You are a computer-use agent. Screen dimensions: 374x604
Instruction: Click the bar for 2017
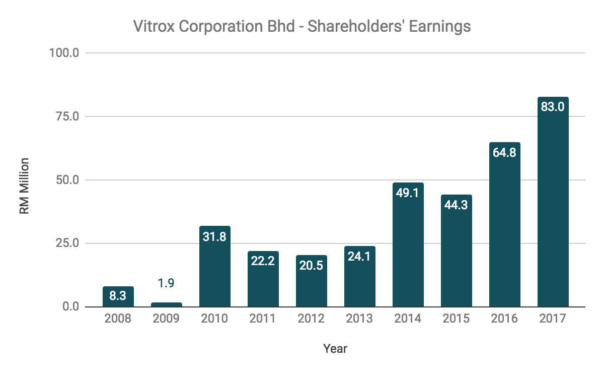click(x=553, y=202)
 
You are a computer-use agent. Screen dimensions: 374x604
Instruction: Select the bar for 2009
click(x=166, y=304)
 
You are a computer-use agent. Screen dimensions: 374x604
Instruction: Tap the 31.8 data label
click(x=214, y=236)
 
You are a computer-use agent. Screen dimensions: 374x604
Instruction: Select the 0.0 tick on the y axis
click(x=71, y=306)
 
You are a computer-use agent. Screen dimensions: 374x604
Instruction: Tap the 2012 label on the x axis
click(x=311, y=319)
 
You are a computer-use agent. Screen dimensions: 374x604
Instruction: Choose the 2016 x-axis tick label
click(x=504, y=319)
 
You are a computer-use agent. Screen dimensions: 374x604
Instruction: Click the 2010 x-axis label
click(x=214, y=319)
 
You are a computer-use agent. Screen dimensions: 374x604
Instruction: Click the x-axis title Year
click(x=335, y=348)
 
